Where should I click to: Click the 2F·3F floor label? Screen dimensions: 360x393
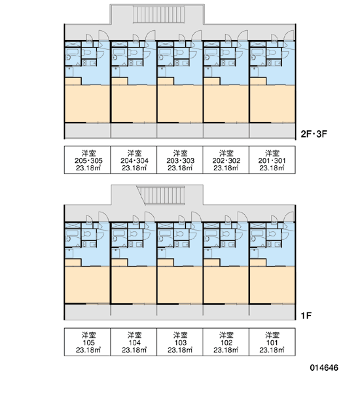tap(314, 134)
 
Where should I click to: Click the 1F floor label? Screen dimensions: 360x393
tap(306, 316)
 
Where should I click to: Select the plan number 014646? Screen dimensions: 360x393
tap(324, 367)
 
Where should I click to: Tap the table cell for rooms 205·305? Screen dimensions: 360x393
tap(88, 160)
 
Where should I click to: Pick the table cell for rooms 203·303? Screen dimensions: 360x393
tap(179, 160)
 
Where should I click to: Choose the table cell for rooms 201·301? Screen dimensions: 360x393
tap(272, 160)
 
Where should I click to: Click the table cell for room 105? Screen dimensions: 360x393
tap(88, 342)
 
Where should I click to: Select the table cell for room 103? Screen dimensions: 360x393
tap(179, 342)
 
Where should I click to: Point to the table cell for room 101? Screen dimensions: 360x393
tap(272, 342)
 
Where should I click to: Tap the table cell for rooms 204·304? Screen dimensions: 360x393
tap(134, 160)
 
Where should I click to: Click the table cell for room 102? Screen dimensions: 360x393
tap(226, 342)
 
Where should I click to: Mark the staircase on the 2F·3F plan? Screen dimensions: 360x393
tap(158, 14)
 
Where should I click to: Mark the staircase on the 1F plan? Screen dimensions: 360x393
tap(161, 195)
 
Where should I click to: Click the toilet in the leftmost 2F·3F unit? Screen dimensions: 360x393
tap(87, 53)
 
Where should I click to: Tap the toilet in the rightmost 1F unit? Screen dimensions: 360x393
tap(272, 234)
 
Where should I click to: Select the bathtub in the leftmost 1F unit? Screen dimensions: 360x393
tap(72, 234)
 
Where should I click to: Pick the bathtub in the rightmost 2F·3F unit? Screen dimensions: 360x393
tap(257, 52)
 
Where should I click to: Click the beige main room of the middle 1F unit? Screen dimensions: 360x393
tap(179, 285)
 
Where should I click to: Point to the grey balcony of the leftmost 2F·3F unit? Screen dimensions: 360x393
tap(88, 130)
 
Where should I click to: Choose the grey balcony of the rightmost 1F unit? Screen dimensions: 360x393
tap(272, 312)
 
